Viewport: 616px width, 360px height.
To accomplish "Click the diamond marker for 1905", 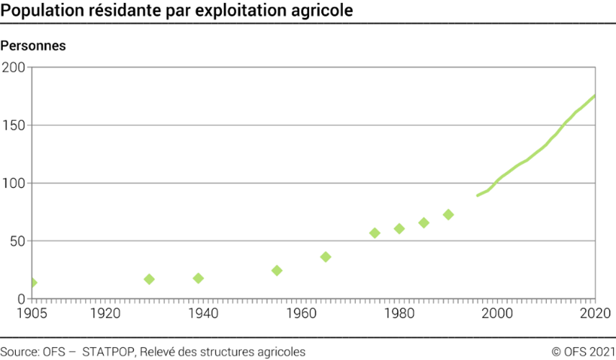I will pyautogui.click(x=32, y=283).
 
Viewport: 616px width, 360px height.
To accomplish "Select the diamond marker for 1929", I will pyautogui.click(x=149, y=279).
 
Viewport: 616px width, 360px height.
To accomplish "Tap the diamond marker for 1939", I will pyautogui.click(x=198, y=278).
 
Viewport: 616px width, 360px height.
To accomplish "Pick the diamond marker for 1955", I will pyautogui.click(x=277, y=271).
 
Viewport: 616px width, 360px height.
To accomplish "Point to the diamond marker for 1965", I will pyautogui.click(x=326, y=257).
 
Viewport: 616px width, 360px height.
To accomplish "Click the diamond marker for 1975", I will pyautogui.click(x=375, y=233).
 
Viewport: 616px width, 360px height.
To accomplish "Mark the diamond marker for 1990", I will pyautogui.click(x=448, y=215).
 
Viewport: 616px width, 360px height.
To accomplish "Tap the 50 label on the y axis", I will pyautogui.click(x=17, y=241).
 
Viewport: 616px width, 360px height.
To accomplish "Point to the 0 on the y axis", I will pyautogui.click(x=21, y=299).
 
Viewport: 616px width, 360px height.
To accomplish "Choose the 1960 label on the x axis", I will pyautogui.click(x=301, y=313).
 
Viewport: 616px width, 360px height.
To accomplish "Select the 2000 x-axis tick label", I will pyautogui.click(x=496, y=313).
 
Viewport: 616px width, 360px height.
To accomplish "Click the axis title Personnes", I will pyautogui.click(x=33, y=45).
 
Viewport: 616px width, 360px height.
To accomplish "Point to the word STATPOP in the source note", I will pyautogui.click(x=108, y=351).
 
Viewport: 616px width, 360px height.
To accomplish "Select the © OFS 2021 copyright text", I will pyautogui.click(x=581, y=351).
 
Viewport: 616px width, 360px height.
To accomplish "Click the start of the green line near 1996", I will pyautogui.click(x=478, y=195).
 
